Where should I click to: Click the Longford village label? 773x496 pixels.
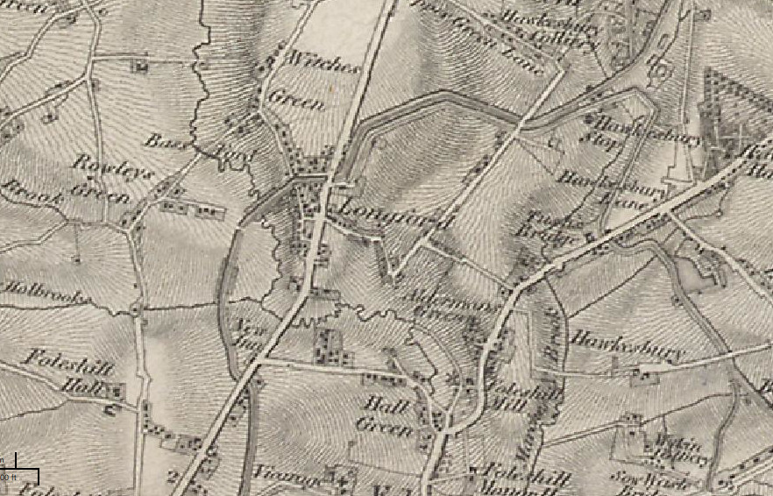(x=386, y=214)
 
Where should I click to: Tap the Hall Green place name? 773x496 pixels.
(x=385, y=415)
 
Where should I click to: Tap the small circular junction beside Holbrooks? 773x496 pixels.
(x=136, y=308)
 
